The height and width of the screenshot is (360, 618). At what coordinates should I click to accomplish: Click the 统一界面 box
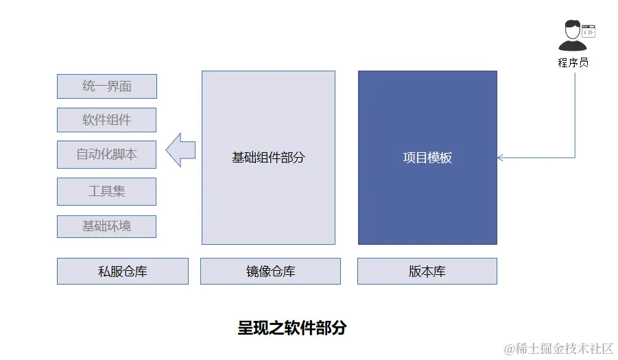pyautogui.click(x=106, y=86)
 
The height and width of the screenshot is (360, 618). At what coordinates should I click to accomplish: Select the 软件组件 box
pyautogui.click(x=106, y=120)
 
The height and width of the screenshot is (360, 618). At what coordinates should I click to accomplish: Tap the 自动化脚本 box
pyautogui.click(x=106, y=154)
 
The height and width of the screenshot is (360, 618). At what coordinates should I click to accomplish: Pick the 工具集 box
pyautogui.click(x=106, y=191)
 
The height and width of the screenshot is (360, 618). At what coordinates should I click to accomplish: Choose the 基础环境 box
pyautogui.click(x=106, y=226)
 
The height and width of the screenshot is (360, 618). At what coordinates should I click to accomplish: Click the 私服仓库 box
pyautogui.click(x=122, y=272)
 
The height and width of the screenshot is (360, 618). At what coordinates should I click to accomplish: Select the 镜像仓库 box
pyautogui.click(x=270, y=272)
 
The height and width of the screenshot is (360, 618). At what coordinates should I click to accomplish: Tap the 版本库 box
pyautogui.click(x=427, y=272)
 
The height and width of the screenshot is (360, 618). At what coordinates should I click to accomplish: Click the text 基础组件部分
pyautogui.click(x=268, y=158)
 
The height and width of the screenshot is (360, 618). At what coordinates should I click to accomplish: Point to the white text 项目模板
pyautogui.click(x=427, y=158)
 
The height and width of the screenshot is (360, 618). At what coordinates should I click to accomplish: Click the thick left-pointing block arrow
pyautogui.click(x=180, y=149)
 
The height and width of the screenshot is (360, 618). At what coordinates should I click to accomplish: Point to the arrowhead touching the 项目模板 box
pyautogui.click(x=501, y=158)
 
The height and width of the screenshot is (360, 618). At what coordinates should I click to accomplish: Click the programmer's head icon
pyautogui.click(x=571, y=30)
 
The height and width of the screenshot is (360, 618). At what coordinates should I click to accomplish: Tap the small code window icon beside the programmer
pyautogui.click(x=589, y=31)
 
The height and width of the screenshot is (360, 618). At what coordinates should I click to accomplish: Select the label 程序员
pyautogui.click(x=573, y=62)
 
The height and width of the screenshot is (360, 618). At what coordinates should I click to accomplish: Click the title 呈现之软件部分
pyautogui.click(x=292, y=328)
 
